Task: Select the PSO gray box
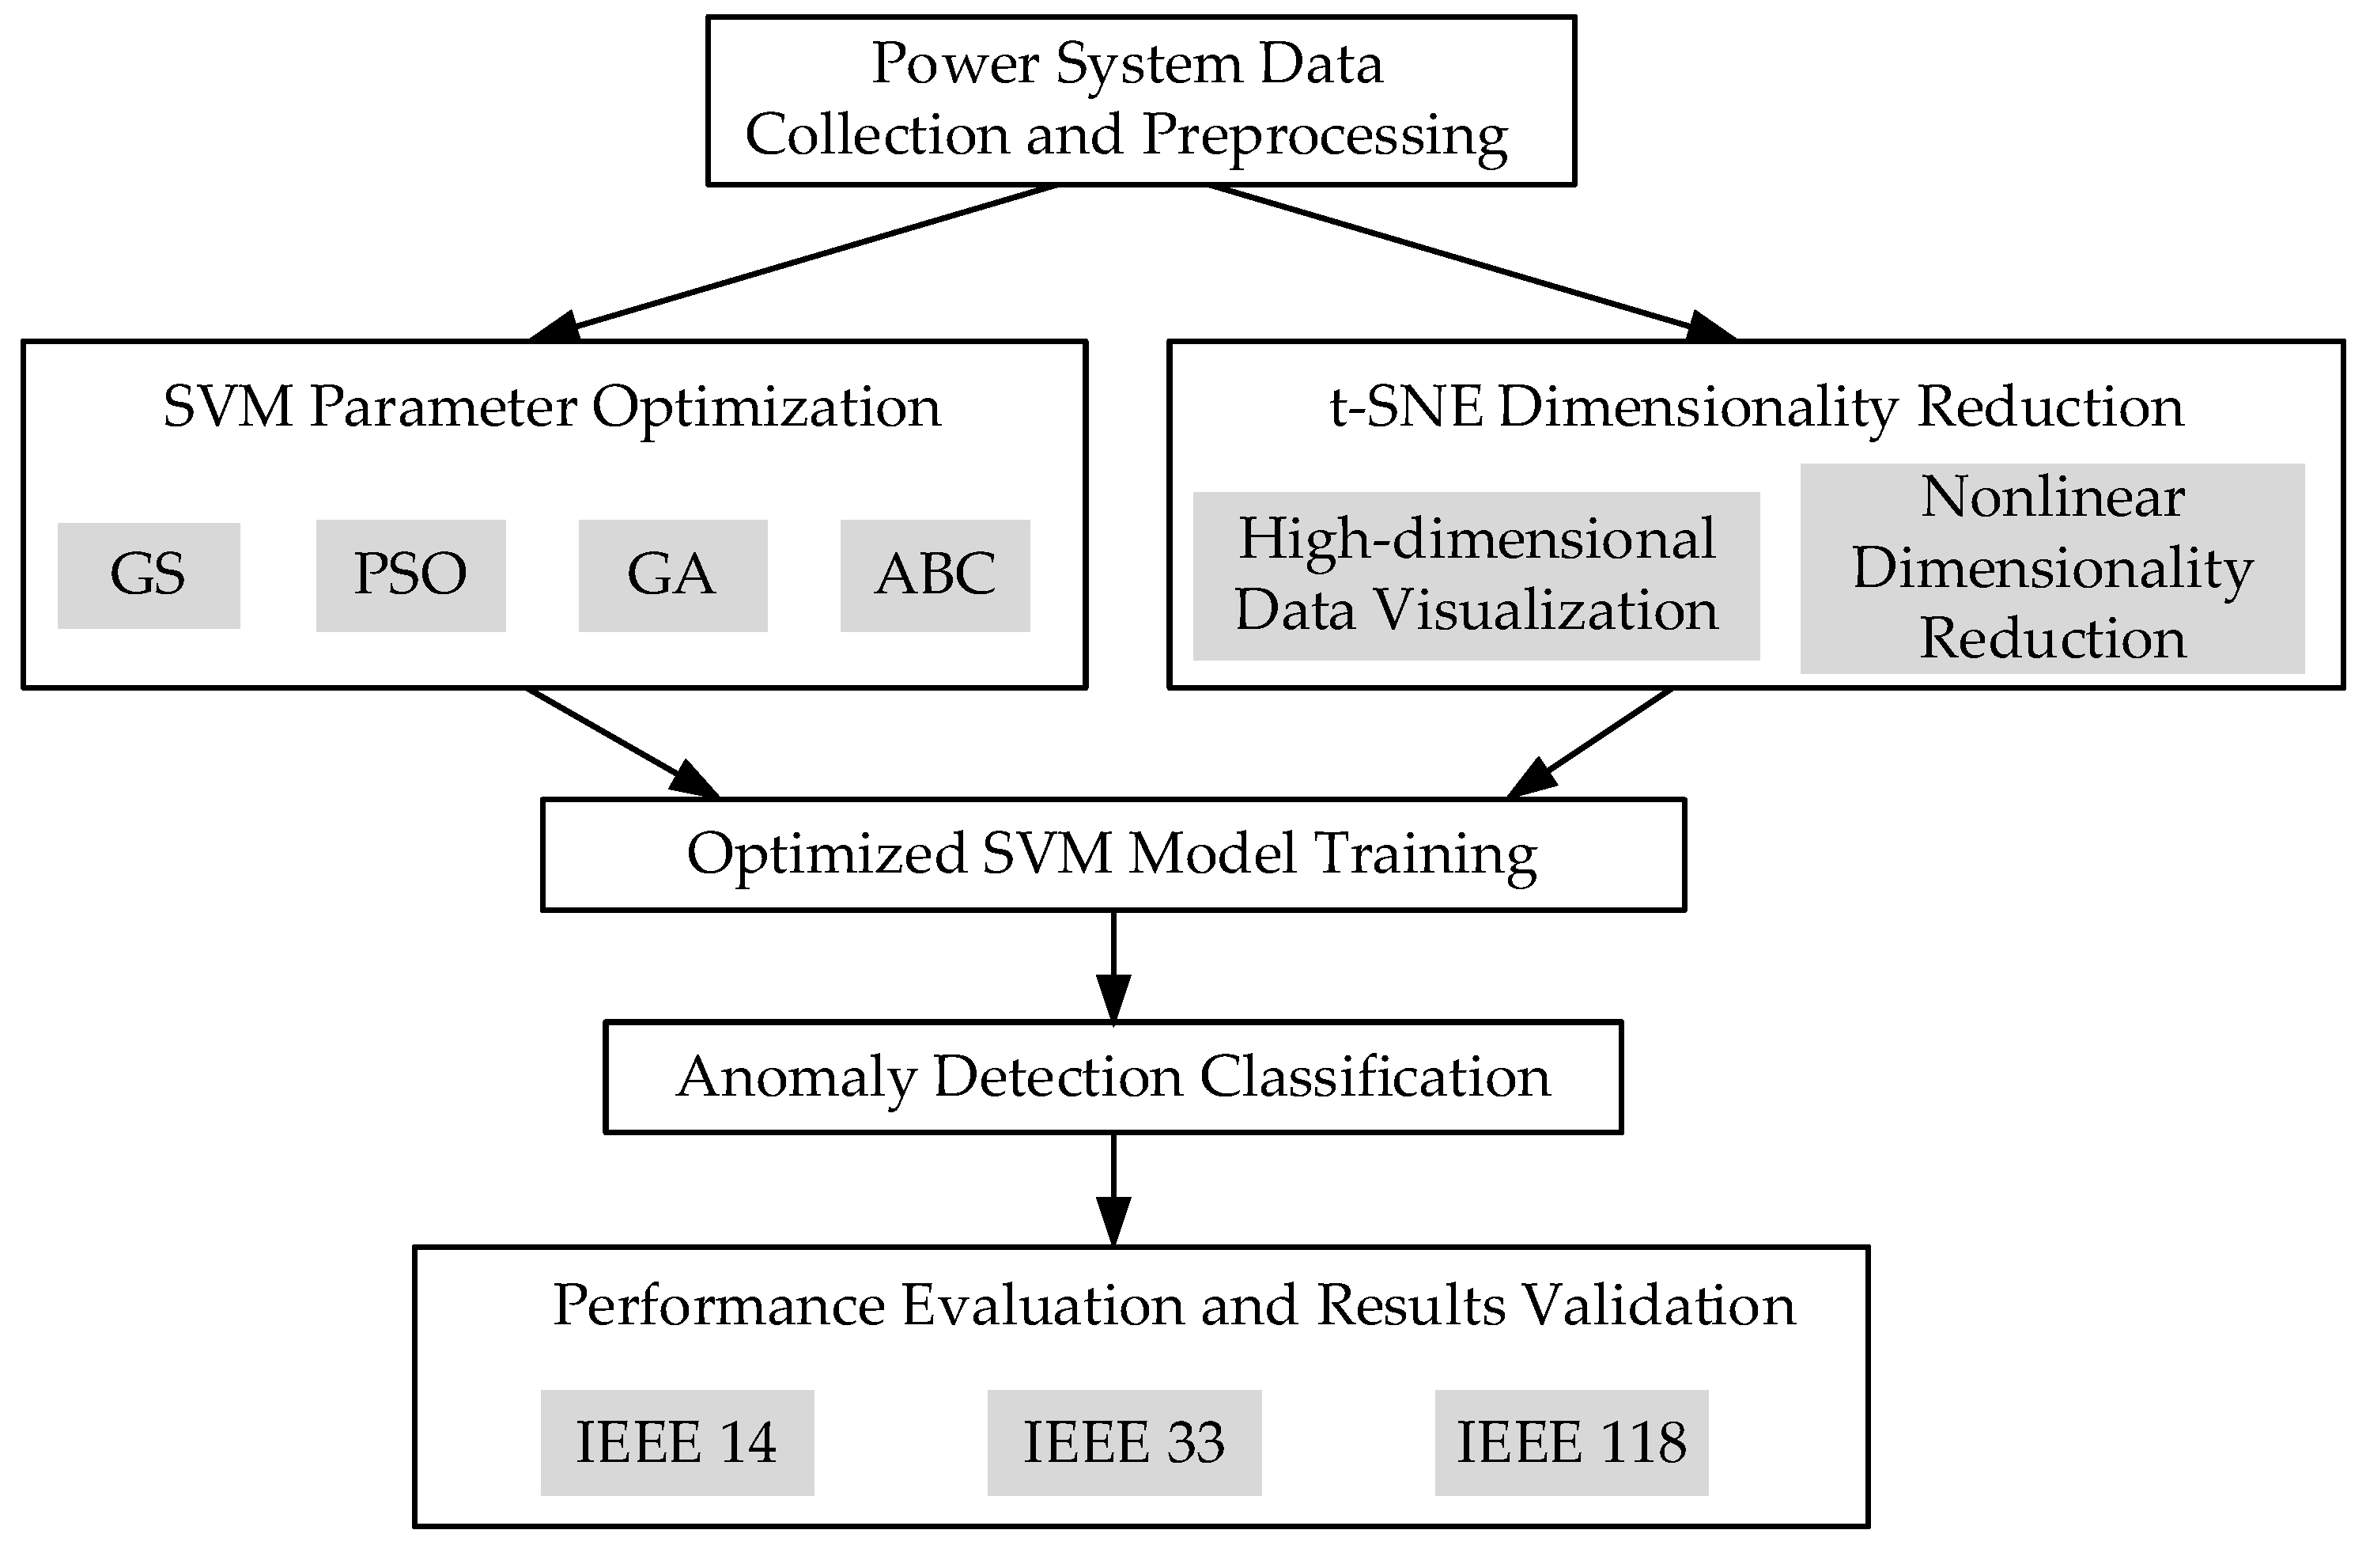pyautogui.click(x=410, y=576)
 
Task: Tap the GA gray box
pyautogui.click(x=673, y=576)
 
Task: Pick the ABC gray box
pyautogui.click(x=935, y=576)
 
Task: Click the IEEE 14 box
pyautogui.click(x=677, y=1443)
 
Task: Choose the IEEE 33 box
pyautogui.click(x=1124, y=1443)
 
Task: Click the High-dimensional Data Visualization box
pyautogui.click(x=1476, y=576)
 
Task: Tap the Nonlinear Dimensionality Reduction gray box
pyautogui.click(x=2052, y=568)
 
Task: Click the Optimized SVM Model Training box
pyautogui.click(x=1113, y=854)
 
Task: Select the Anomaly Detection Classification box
pyautogui.click(x=1113, y=1077)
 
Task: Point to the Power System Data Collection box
pyautogui.click(x=1140, y=100)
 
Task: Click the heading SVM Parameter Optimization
pyautogui.click(x=552, y=407)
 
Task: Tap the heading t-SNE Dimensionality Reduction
pyautogui.click(x=1756, y=407)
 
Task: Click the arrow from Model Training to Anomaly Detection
pyautogui.click(x=1113, y=964)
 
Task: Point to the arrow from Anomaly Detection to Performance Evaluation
pyautogui.click(x=1113, y=1188)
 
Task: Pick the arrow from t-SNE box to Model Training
pyautogui.click(x=1590, y=743)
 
